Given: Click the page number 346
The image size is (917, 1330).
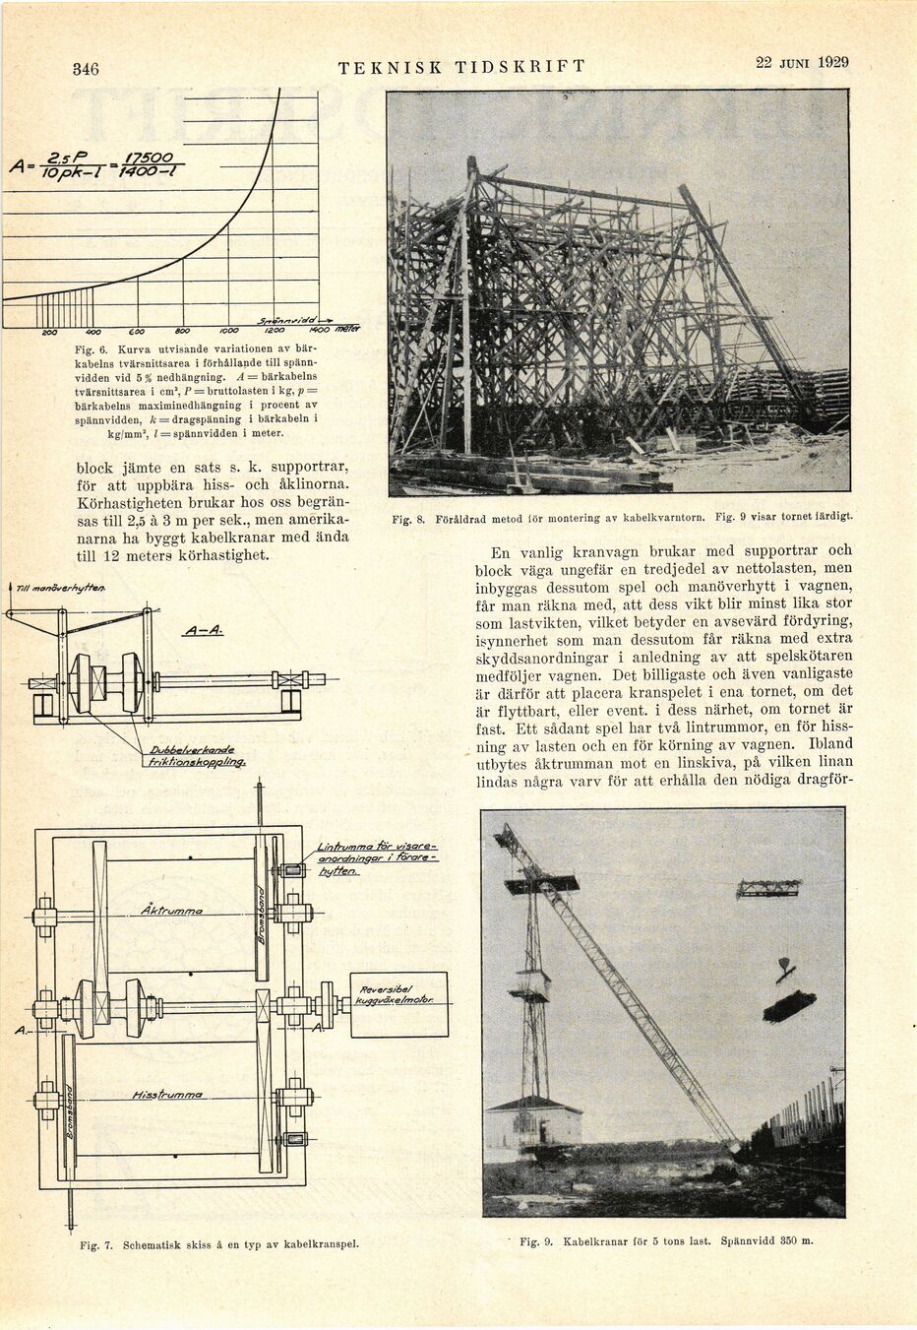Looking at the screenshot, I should click(87, 69).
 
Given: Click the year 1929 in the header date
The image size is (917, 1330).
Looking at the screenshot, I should click(832, 62).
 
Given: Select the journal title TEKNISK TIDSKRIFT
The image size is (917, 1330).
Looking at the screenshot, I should click(461, 67).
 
